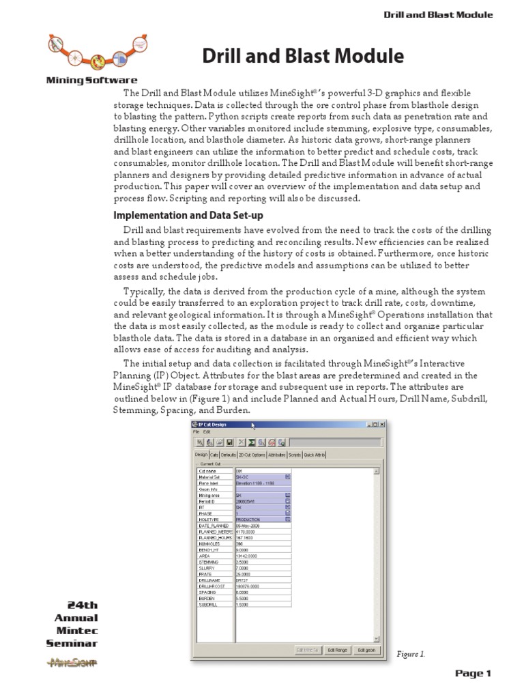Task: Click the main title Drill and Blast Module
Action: click(x=303, y=56)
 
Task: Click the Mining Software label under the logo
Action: click(x=91, y=80)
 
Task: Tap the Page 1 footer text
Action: click(x=473, y=674)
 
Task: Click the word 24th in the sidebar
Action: click(x=82, y=605)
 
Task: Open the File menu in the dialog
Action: click(x=196, y=432)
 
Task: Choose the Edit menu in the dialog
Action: click(x=207, y=432)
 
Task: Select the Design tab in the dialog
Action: click(x=201, y=454)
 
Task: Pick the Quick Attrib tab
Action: click(x=316, y=454)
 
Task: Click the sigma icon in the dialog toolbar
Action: click(x=252, y=442)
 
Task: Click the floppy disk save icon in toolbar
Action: click(x=230, y=442)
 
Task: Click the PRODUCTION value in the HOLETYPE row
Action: click(x=251, y=518)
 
